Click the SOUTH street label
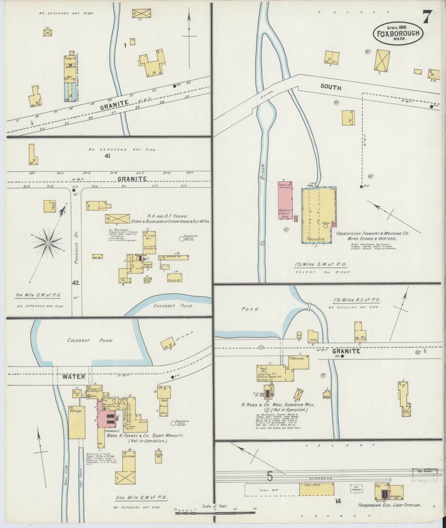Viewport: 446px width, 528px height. pyautogui.click(x=331, y=87)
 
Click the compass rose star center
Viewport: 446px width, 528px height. pyautogui.click(x=48, y=243)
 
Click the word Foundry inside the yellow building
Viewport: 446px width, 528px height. pyautogui.click(x=315, y=239)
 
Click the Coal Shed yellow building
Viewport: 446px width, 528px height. pyautogui.click(x=316, y=489)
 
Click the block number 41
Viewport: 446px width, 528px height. pyautogui.click(x=107, y=156)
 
